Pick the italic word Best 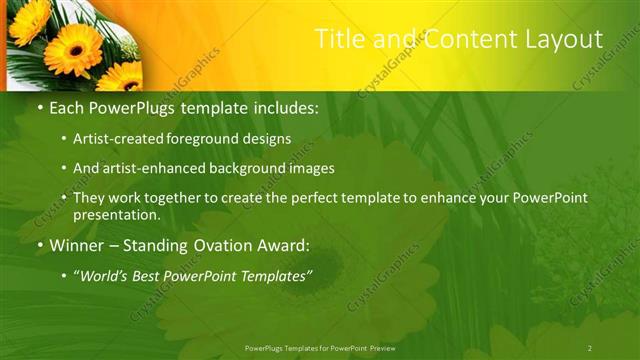coord(156,276)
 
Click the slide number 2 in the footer coord(590,348)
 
